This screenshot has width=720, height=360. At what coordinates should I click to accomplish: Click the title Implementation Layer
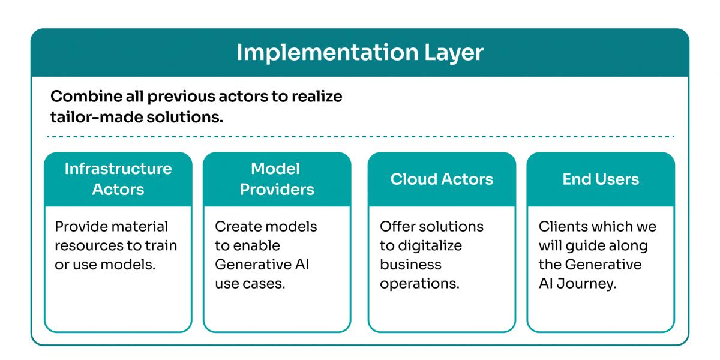pos(360,53)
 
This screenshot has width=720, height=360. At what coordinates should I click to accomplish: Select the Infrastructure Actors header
pos(118,179)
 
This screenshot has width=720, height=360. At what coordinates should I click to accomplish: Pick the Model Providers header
pos(277,179)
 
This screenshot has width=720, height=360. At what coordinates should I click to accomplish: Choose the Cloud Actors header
pos(442,179)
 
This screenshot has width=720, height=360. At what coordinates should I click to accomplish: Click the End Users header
pos(601,179)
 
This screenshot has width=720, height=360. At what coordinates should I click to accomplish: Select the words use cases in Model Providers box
pos(250,283)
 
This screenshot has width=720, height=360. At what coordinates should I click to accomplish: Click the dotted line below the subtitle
pos(360,137)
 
